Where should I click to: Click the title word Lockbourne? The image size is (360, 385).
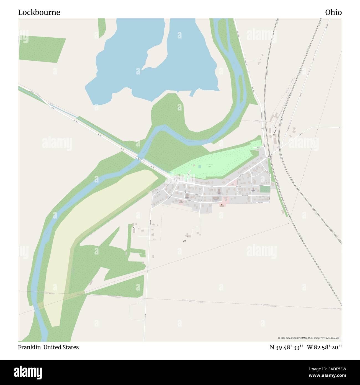pyautogui.click(x=39, y=12)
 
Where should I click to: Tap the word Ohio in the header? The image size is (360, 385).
pyautogui.click(x=333, y=12)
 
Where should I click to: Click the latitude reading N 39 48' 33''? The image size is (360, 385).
pyautogui.click(x=287, y=347)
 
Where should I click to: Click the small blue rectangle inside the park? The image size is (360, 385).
pyautogui.click(x=200, y=167)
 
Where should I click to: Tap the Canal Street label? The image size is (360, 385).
pyautogui.click(x=259, y=147)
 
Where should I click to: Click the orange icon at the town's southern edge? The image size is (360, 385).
pyautogui.click(x=222, y=205)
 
